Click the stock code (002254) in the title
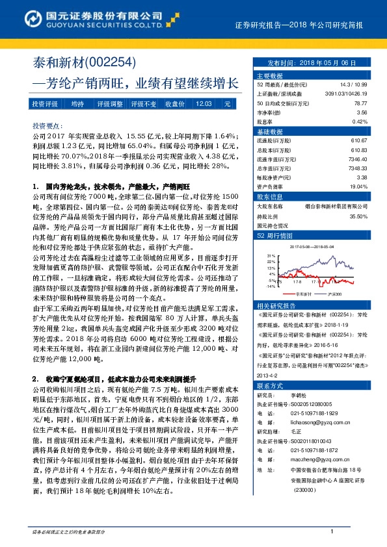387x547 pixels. pos(110,63)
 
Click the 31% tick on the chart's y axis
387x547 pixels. pos(271,257)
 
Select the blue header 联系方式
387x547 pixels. pos(270,385)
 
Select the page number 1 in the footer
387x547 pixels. pos(332,531)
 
